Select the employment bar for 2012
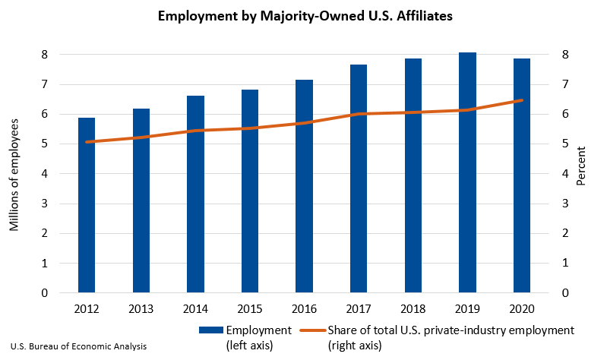[87, 205]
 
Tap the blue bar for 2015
[250, 191]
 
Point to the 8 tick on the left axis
[45, 55]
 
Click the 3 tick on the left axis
[45, 204]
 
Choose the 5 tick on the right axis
[565, 144]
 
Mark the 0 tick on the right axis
[565, 293]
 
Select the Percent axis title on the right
[581, 173]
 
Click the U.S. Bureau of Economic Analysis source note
[79, 346]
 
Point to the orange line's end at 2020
[522, 100]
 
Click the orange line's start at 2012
[87, 142]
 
